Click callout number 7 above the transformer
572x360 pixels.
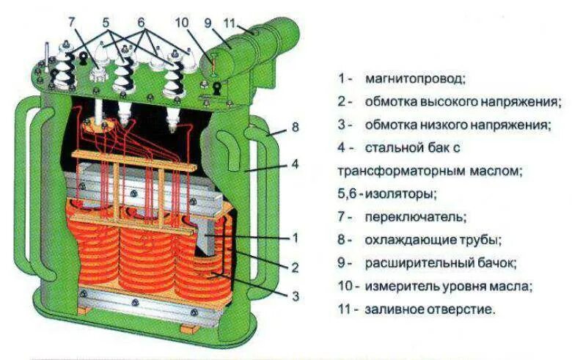click(x=71, y=22)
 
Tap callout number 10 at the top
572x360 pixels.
click(x=182, y=22)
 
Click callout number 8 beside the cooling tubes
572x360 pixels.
click(x=295, y=127)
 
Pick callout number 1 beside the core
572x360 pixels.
click(x=295, y=238)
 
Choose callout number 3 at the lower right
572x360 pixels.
click(x=295, y=295)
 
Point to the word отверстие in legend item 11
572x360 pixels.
click(x=458, y=309)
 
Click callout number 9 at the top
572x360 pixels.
click(x=208, y=22)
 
